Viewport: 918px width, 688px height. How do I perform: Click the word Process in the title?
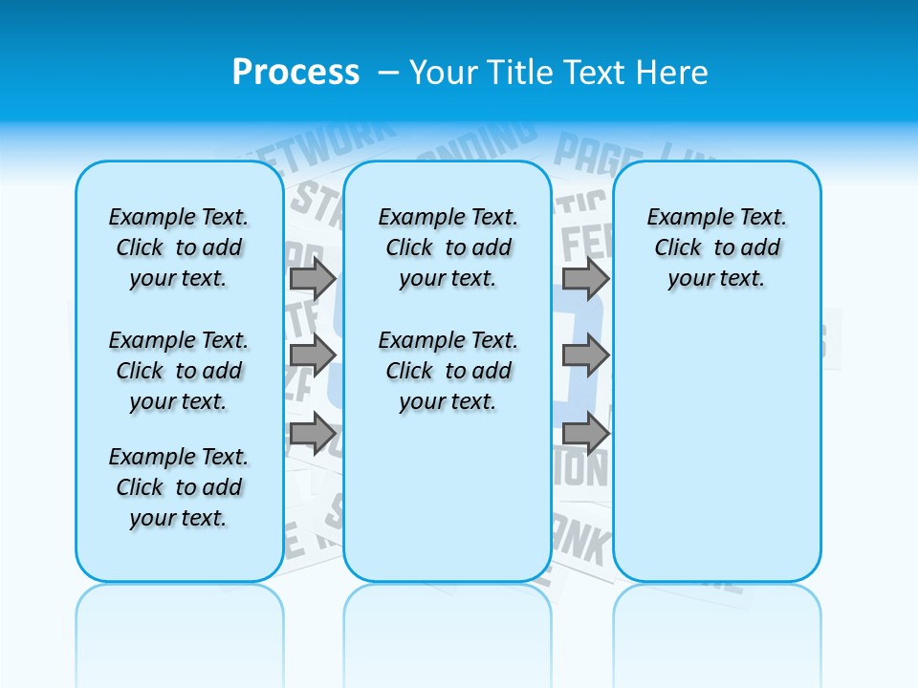(x=295, y=72)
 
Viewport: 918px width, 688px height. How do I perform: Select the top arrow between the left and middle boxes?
(x=313, y=278)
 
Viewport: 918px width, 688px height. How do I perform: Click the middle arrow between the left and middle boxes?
(x=313, y=355)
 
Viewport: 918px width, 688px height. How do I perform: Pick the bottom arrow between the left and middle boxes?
(x=313, y=433)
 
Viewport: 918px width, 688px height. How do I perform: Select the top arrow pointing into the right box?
(x=585, y=278)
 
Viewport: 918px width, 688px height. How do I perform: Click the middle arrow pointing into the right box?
(x=585, y=355)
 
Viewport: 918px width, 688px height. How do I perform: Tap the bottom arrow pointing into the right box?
(x=585, y=433)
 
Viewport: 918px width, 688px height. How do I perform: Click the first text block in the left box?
(x=179, y=247)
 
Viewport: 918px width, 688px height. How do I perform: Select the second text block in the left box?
(x=179, y=371)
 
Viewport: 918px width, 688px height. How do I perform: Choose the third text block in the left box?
(x=179, y=487)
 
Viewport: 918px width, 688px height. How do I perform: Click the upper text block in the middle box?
(x=448, y=247)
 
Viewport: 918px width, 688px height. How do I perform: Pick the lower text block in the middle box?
(x=448, y=371)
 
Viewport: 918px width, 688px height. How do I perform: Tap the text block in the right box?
(x=716, y=247)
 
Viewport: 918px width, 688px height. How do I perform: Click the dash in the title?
(x=389, y=72)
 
